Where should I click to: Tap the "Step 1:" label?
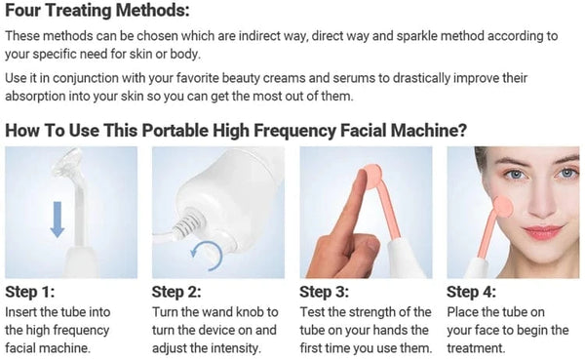(30, 292)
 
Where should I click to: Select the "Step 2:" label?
(177, 292)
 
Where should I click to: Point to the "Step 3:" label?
(325, 292)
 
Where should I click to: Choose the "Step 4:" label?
(472, 292)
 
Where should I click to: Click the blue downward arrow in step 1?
(58, 217)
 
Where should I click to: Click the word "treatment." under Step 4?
(479, 348)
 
